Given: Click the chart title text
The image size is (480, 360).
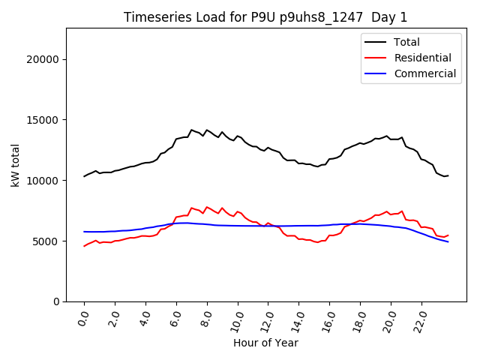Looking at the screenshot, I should [x=266, y=17].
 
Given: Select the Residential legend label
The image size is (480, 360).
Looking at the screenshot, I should [x=423, y=58].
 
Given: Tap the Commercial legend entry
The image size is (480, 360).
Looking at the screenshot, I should [x=425, y=73].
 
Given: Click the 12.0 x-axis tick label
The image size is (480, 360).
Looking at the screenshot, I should [x=267, y=319].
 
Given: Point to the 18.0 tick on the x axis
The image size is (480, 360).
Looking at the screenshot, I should [x=359, y=319].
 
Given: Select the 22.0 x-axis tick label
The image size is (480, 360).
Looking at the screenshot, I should [x=421, y=319].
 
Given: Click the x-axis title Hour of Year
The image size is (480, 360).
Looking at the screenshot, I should [x=265, y=343].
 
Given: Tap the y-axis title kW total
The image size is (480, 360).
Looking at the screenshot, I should [x=15, y=164].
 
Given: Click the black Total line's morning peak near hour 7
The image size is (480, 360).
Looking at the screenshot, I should [x=191, y=130].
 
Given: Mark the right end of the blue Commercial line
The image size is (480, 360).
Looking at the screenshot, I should [x=448, y=241].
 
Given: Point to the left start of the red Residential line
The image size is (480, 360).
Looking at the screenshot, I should [x=84, y=246].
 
